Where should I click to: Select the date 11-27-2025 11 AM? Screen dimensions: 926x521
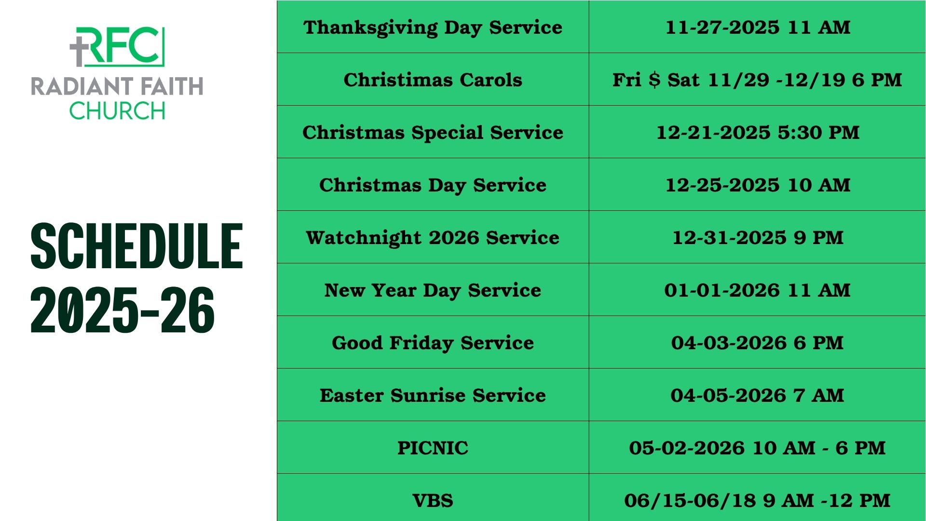click(758, 27)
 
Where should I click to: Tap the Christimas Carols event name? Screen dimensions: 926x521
click(433, 80)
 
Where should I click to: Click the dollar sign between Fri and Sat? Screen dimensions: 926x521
click(654, 80)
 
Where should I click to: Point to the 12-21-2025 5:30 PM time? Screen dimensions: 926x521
click(758, 132)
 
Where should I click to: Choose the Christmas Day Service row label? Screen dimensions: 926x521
click(433, 185)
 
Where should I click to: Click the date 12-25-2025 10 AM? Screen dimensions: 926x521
click(758, 185)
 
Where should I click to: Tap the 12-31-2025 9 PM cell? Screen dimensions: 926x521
click(758, 237)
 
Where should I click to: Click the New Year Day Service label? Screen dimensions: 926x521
click(433, 290)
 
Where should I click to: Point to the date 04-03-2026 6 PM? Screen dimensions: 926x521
click(758, 343)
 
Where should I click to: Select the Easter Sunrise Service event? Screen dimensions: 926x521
click(433, 395)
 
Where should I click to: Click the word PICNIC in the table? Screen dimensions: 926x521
click(433, 448)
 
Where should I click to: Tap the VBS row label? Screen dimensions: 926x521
click(433, 500)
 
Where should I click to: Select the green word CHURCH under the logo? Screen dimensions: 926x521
click(117, 111)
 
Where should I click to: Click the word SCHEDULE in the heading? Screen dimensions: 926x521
click(136, 246)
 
